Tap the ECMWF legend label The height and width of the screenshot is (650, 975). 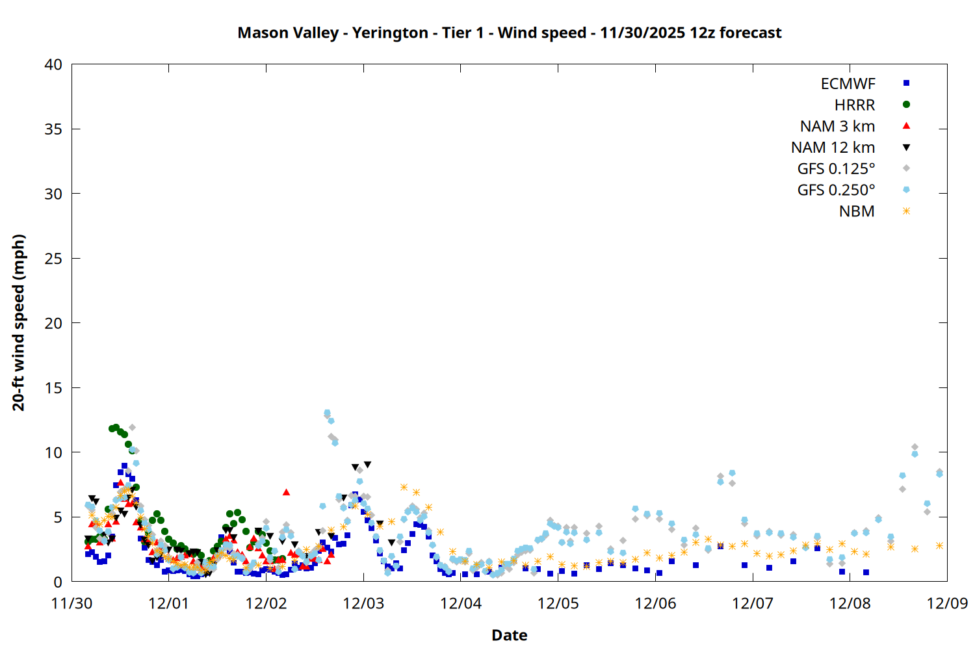click(x=848, y=84)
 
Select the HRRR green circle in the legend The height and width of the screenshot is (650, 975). click(x=906, y=105)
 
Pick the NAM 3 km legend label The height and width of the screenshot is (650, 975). click(x=837, y=126)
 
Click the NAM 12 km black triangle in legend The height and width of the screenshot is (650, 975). click(x=906, y=148)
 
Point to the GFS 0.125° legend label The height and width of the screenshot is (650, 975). click(x=836, y=169)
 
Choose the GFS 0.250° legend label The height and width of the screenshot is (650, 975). click(x=836, y=190)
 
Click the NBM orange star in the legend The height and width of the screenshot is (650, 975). click(x=906, y=211)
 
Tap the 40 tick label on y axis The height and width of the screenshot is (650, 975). click(x=53, y=64)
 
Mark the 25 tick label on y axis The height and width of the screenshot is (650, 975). click(x=53, y=259)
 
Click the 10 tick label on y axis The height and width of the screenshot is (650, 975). click(x=53, y=452)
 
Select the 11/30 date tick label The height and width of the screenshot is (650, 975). click(x=71, y=603)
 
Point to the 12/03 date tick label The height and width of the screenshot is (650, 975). click(x=363, y=603)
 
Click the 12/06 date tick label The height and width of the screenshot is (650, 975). click(x=655, y=603)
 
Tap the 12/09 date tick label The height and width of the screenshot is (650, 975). click(x=947, y=603)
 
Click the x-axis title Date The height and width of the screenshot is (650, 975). click(x=509, y=635)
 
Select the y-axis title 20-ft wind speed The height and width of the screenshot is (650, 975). click(x=18, y=322)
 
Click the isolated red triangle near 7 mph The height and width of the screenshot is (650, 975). click(x=286, y=492)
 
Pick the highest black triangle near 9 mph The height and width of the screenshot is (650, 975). click(x=367, y=465)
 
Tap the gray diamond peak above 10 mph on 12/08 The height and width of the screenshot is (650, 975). click(x=915, y=447)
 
